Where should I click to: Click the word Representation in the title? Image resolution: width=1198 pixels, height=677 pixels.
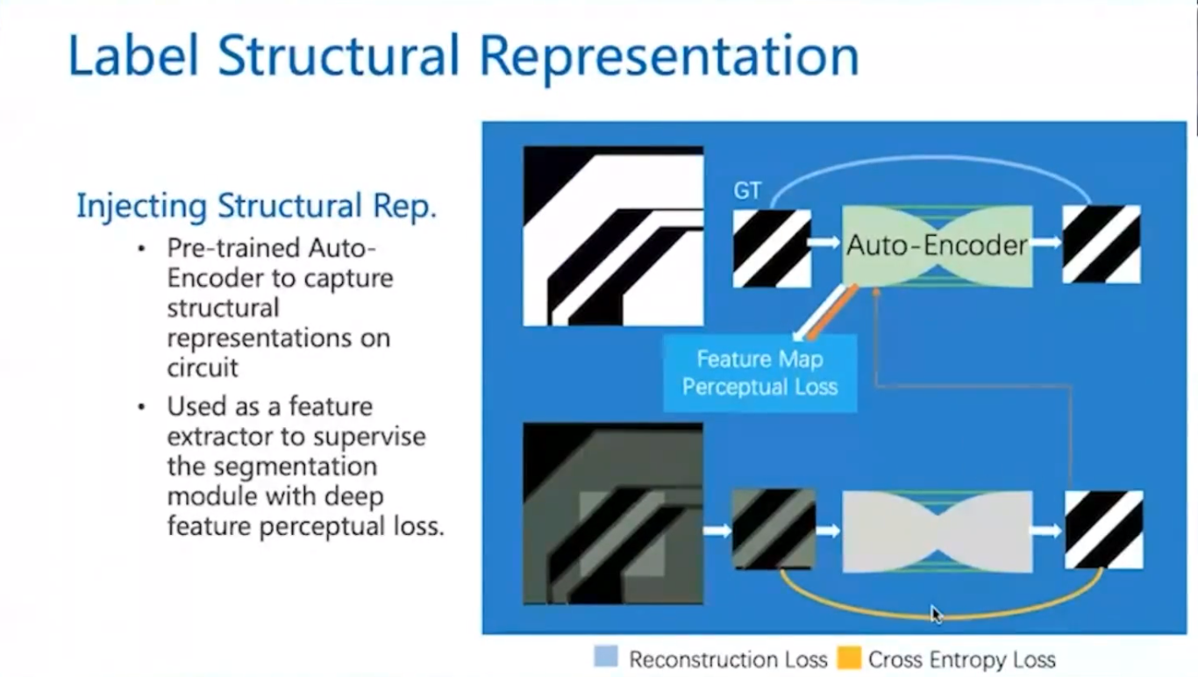point(669,56)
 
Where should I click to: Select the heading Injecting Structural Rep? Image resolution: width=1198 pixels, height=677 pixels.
point(256,205)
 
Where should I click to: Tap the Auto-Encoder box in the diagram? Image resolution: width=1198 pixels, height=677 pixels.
point(937,245)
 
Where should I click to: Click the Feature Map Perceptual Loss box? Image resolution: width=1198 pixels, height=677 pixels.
point(759,373)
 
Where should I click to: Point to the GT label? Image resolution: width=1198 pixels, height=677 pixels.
point(747,190)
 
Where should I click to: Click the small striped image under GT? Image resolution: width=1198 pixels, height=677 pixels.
point(772,248)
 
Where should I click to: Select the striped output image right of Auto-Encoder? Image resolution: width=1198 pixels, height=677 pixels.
point(1102,244)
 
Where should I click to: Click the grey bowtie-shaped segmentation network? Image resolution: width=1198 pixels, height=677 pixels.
point(937,531)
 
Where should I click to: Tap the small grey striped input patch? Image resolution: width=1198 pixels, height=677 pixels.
point(774,529)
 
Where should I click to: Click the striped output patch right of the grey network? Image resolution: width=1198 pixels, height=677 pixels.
point(1103,530)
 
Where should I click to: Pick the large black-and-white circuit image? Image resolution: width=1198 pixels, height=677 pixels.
point(613,236)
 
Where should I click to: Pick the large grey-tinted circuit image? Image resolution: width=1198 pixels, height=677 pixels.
point(613,514)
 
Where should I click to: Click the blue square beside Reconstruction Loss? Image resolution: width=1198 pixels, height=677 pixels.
point(606,657)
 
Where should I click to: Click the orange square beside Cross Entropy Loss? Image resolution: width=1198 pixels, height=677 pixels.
point(848,658)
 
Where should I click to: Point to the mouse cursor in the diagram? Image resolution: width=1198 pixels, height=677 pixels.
point(937,614)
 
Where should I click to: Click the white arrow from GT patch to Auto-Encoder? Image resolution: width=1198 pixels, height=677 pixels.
point(825,241)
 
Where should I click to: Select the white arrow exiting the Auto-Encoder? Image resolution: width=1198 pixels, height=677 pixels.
point(1047,241)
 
